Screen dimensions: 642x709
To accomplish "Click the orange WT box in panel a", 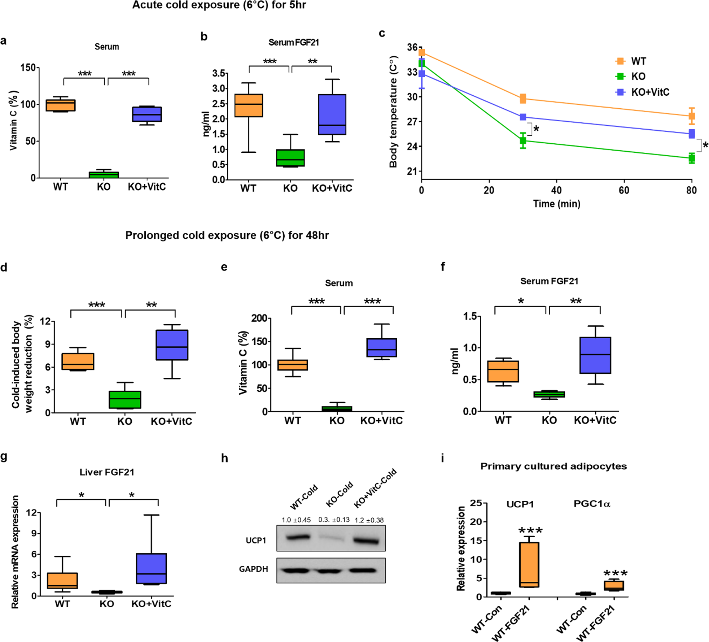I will (60, 105).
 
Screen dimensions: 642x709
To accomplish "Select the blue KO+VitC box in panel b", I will (332, 114).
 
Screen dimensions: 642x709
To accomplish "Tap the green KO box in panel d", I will (125, 399).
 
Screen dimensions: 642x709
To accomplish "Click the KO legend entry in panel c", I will (638, 77).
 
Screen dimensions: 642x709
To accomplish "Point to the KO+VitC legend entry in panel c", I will (650, 92).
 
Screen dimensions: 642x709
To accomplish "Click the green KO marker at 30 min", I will (523, 140).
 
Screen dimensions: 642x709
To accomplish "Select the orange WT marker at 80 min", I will (691, 116).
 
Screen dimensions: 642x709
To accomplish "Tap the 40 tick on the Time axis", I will (556, 190).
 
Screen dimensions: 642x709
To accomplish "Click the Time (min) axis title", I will (556, 204).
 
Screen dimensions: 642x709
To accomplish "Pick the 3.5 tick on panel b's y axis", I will (219, 73).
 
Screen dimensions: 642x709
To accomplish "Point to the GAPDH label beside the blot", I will (254, 569).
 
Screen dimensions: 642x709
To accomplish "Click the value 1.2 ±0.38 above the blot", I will (369, 520).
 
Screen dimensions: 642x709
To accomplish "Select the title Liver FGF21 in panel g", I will (107, 472).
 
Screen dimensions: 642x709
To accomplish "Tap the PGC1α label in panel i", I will (592, 504).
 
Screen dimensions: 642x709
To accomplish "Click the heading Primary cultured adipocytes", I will (553, 466).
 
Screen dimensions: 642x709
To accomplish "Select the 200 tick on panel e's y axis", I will (259, 318).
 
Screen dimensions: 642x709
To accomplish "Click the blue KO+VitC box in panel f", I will (595, 355).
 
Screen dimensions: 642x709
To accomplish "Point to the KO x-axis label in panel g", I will (107, 604).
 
